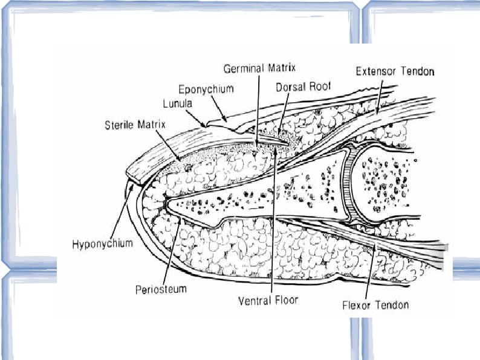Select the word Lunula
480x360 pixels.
click(178, 103)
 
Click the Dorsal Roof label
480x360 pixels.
click(302, 87)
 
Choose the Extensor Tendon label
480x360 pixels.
click(394, 71)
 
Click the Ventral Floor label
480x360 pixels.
click(269, 299)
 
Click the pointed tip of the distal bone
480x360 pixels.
click(166, 201)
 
